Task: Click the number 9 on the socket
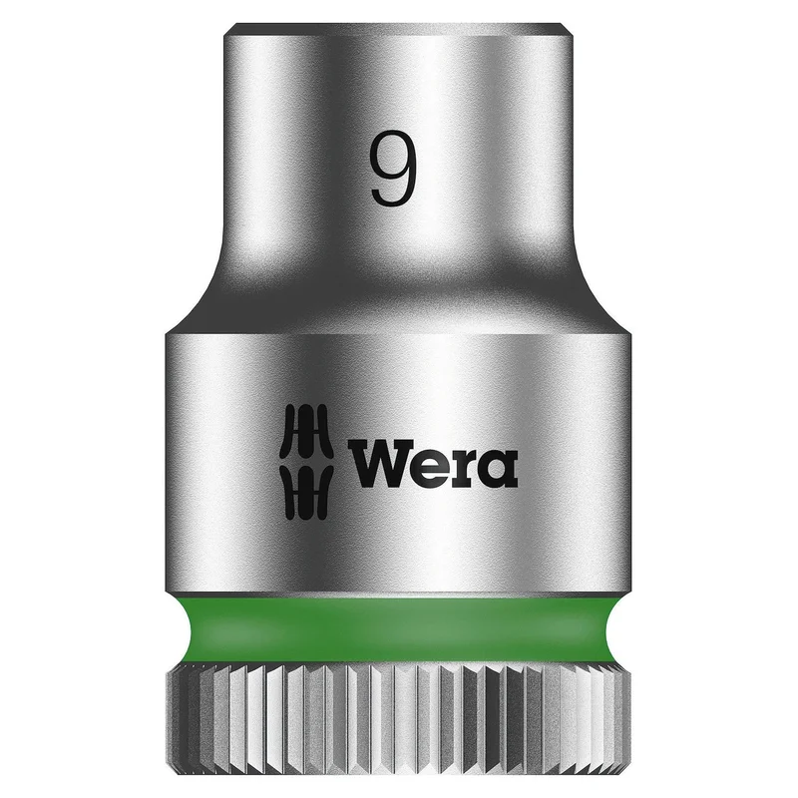click(x=393, y=168)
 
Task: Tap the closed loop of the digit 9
click(x=392, y=154)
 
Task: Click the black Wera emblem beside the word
click(x=307, y=463)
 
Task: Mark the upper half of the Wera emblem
click(x=307, y=433)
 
